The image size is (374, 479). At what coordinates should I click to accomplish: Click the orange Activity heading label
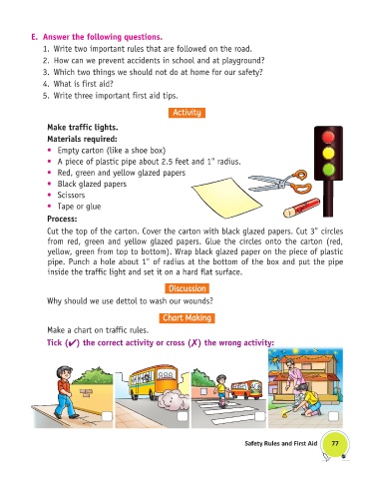(187, 113)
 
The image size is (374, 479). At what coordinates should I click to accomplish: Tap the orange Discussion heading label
(187, 288)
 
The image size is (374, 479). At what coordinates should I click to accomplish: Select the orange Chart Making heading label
(187, 318)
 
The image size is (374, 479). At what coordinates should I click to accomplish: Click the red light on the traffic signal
(328, 137)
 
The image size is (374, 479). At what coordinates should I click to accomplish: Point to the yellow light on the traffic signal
(328, 153)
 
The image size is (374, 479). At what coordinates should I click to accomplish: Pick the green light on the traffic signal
(328, 169)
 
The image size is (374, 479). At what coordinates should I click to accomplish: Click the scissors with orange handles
(281, 182)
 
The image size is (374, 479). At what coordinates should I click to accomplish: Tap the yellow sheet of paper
(227, 199)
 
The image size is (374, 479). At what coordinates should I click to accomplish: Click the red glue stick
(302, 208)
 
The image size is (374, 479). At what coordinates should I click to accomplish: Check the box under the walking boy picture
(107, 416)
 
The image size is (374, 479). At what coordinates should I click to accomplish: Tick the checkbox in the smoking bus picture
(183, 416)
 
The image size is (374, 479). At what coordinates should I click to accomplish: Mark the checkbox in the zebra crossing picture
(259, 416)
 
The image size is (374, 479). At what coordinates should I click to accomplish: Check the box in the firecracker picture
(333, 416)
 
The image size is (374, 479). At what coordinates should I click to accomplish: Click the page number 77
(335, 443)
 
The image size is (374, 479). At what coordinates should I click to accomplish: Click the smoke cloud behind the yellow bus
(172, 399)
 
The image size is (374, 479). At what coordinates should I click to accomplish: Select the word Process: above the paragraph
(62, 219)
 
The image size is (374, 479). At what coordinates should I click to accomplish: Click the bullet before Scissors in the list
(50, 195)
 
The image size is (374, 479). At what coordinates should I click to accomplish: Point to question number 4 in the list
(46, 84)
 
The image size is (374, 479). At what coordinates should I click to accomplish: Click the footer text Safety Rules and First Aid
(281, 443)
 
